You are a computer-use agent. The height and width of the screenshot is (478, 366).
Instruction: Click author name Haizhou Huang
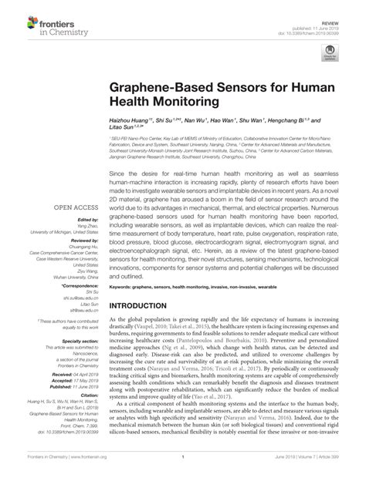pos(132,123)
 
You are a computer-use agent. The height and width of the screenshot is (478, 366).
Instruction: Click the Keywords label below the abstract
pos(124,285)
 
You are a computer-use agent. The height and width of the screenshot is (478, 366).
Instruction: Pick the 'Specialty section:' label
pos(80,339)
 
